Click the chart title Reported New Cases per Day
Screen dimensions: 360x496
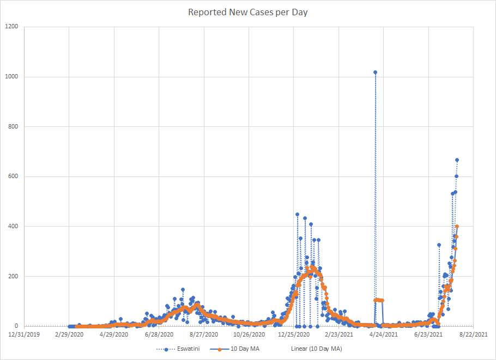(248, 12)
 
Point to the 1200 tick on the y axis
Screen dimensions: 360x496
(11, 27)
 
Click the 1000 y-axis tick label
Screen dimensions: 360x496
(11, 77)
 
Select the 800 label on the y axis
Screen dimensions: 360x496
(13, 127)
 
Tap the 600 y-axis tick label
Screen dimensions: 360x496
(13, 176)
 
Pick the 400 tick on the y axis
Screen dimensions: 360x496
(13, 226)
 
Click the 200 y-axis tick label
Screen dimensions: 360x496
(13, 276)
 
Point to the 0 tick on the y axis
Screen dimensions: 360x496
(16, 326)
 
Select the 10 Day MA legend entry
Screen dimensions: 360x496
(245, 349)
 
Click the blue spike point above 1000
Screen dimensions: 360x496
(375, 72)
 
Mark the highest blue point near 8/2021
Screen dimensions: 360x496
(457, 160)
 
